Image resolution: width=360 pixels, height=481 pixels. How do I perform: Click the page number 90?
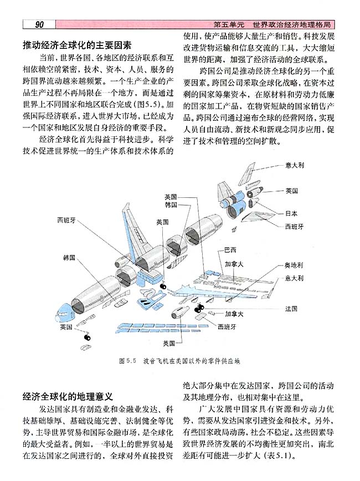39,25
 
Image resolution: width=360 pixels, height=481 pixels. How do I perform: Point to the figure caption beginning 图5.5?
180,360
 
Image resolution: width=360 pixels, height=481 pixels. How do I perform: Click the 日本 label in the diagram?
292,213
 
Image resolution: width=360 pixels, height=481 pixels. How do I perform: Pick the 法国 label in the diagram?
292,308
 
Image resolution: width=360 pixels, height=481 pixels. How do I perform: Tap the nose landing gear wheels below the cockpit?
86,336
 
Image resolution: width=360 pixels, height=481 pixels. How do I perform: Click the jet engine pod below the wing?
184,309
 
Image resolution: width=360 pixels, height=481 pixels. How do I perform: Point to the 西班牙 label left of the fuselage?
66,220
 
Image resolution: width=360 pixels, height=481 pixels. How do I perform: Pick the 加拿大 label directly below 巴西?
234,264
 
